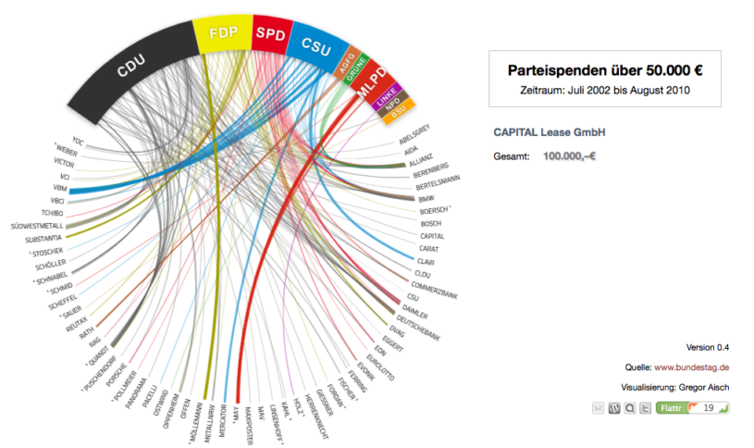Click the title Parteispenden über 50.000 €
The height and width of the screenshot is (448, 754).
(605, 70)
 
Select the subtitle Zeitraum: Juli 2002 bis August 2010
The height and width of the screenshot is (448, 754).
(605, 90)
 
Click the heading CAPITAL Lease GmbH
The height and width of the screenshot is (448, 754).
(554, 132)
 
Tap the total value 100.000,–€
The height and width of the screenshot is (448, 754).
(569, 156)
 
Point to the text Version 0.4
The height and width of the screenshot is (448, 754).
(708, 347)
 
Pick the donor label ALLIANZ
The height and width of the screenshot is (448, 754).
(421, 158)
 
